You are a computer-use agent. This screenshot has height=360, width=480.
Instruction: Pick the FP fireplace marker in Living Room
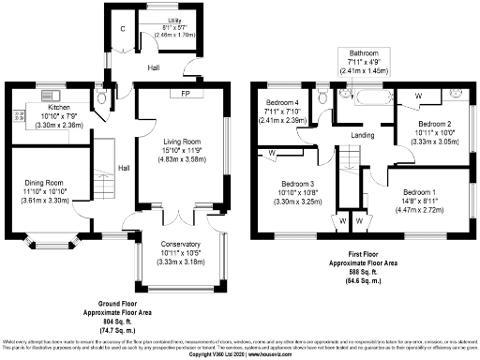tap(175, 95)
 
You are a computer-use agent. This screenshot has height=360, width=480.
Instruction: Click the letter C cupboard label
tap(121, 27)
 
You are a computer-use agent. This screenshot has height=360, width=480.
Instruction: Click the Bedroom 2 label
tap(435, 124)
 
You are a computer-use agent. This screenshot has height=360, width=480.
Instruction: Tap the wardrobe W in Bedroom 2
tap(418, 96)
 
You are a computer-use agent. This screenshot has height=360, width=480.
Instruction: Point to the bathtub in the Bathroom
tap(365, 96)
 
